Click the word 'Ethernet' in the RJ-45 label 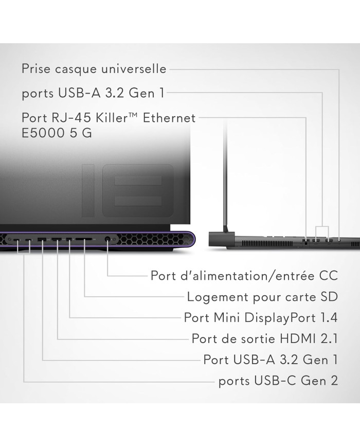click(169, 118)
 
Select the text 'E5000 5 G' click(57, 133)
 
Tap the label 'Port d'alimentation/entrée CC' click(244, 276)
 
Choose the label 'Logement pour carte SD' click(262, 297)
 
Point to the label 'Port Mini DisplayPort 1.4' click(261, 317)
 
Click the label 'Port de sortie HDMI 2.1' click(265, 338)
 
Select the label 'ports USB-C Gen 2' click(278, 381)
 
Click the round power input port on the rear click(107, 239)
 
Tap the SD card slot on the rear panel click(83, 239)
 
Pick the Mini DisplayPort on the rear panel click(69, 239)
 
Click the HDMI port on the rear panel click(57, 239)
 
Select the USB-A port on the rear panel click(42, 239)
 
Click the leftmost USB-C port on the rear click(17, 240)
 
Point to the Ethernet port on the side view click(305, 242)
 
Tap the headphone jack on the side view click(339, 241)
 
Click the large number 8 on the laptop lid click(138, 191)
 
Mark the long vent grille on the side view click(267, 243)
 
